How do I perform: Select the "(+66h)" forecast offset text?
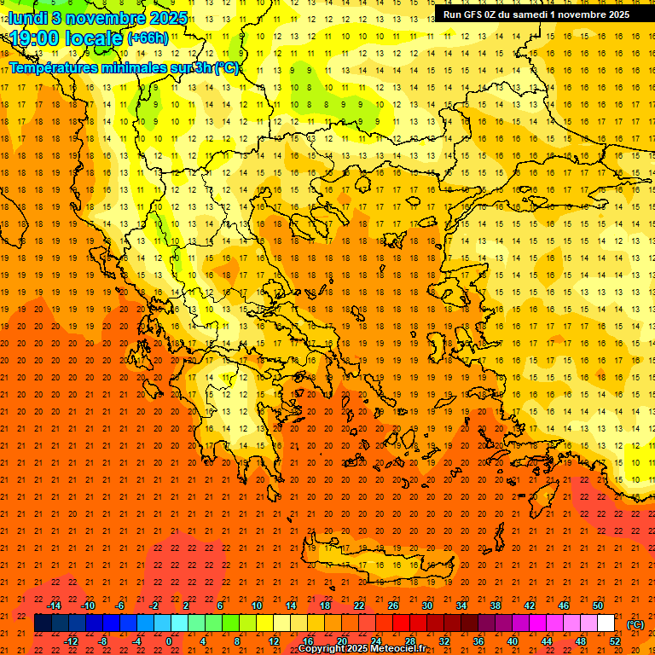(147, 38)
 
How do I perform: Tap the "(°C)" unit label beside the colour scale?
(635, 624)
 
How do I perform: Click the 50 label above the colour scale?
(597, 606)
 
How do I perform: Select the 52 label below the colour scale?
(614, 641)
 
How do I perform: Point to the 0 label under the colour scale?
(169, 641)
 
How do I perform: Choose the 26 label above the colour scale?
(392, 606)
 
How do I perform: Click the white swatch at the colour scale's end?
(606, 623)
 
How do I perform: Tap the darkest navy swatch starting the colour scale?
(43, 623)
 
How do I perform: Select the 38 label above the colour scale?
(495, 606)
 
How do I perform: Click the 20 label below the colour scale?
(341, 641)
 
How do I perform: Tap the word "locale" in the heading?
(94, 38)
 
